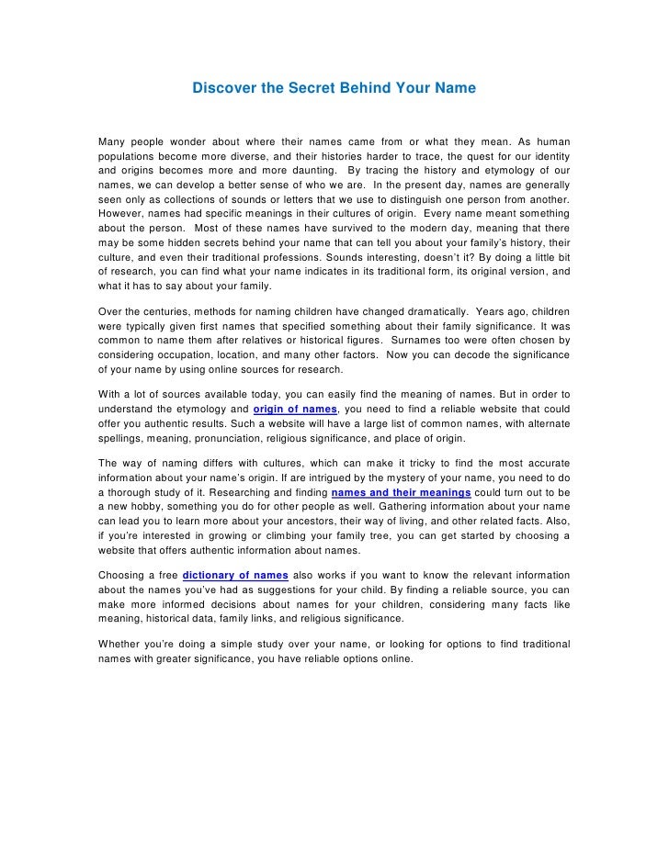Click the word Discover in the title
[220, 89]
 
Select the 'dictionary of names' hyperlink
[236, 576]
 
